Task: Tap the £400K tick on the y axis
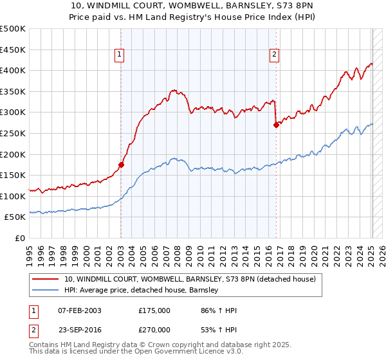(x=13, y=71)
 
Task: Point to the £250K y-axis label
(x=13, y=133)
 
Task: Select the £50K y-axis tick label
(x=15, y=217)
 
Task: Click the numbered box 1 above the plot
(x=120, y=55)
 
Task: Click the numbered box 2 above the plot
(x=274, y=55)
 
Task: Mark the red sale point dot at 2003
(x=121, y=165)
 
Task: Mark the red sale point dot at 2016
(x=276, y=125)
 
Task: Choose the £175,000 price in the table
(x=154, y=310)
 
